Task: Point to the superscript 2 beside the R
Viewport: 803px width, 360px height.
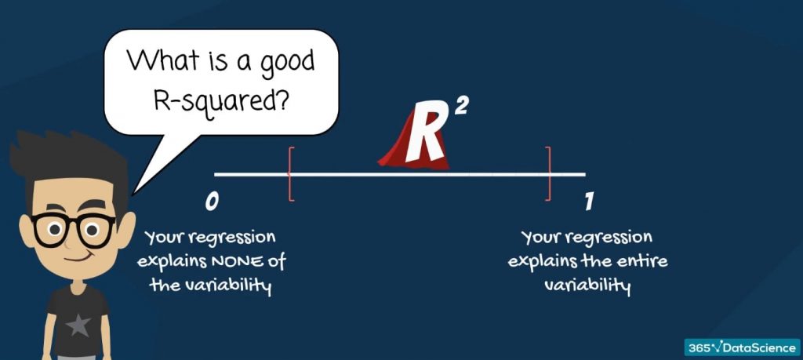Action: (460, 107)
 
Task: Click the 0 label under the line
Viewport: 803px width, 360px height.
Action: (211, 202)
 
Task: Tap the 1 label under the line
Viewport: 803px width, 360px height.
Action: (588, 202)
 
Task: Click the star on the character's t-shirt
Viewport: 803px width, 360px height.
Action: (77, 324)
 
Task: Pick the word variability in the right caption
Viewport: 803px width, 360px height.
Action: (588, 285)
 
